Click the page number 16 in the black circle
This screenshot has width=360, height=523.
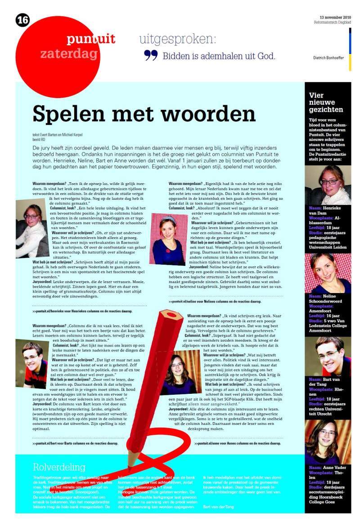point(22,20)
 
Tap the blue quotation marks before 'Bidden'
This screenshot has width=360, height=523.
point(151,55)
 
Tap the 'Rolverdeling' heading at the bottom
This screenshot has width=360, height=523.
point(59,466)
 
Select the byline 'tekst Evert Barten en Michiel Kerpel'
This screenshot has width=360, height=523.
point(58,135)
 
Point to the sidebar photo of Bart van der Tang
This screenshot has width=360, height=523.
point(328,356)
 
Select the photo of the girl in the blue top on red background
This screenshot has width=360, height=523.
point(168,245)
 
